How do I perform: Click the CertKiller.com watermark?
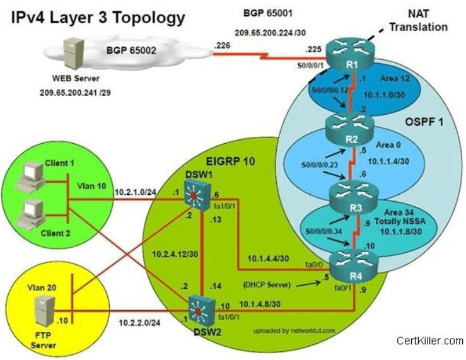click(430, 341)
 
